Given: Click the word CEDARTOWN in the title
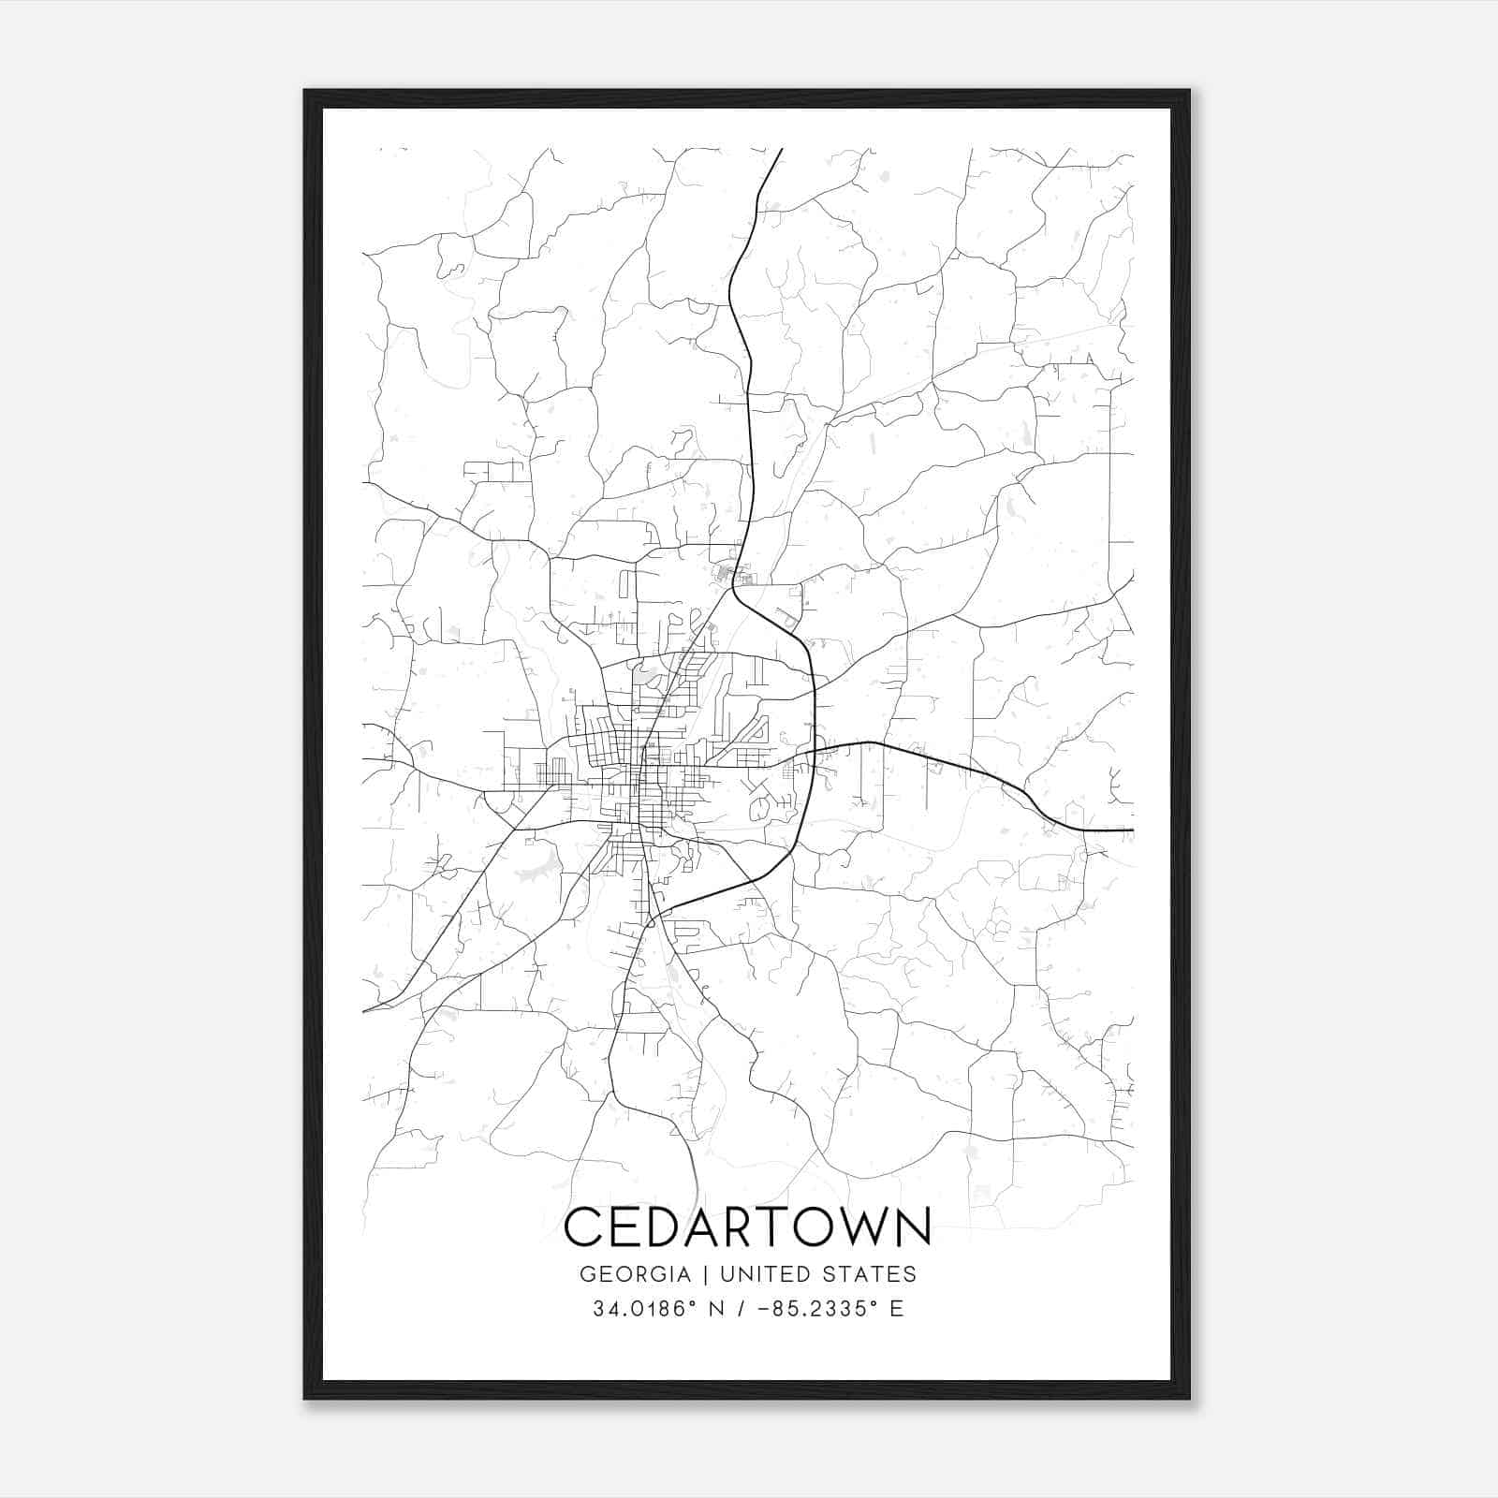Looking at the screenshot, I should (747, 1226).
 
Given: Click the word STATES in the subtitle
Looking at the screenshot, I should (872, 1274).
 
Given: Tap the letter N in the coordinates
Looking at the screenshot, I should (719, 1309).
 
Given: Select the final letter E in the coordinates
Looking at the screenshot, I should (897, 1309).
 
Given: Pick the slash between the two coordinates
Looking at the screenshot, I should (741, 1309).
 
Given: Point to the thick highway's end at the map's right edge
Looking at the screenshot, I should (1131, 830).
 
